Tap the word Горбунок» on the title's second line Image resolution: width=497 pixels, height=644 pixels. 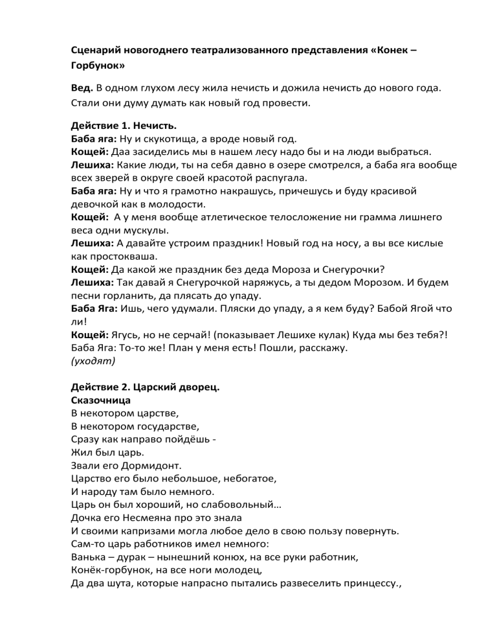[x=98, y=66]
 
